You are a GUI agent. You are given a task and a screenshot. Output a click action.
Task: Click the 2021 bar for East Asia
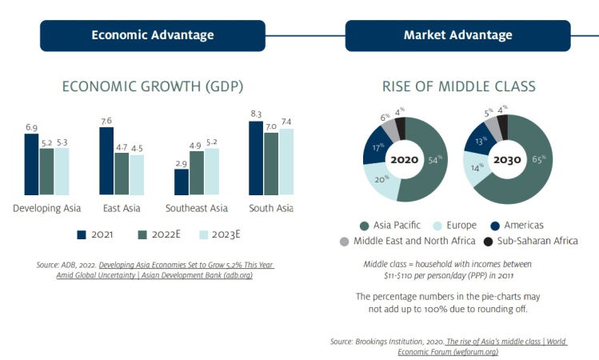106,160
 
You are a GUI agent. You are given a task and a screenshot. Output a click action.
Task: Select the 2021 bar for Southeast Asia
182,182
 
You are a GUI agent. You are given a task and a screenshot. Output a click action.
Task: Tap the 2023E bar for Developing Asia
62,171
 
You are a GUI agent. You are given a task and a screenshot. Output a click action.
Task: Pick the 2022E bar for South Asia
272,163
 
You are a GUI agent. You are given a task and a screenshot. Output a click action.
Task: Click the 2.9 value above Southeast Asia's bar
182,162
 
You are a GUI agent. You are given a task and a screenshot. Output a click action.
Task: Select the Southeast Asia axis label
197,209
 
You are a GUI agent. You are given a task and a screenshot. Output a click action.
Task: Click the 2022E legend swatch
143,235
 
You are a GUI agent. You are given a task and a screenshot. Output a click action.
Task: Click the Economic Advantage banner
153,35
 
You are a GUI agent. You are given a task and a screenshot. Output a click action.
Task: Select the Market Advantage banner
457,35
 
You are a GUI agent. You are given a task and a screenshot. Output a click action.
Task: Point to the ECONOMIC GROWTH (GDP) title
153,86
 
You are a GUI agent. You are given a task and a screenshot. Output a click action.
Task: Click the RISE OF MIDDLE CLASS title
458,86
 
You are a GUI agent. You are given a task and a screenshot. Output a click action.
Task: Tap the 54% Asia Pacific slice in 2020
429,168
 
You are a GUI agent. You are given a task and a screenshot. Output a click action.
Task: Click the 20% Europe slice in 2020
380,184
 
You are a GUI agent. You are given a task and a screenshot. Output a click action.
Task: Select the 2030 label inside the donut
507,160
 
